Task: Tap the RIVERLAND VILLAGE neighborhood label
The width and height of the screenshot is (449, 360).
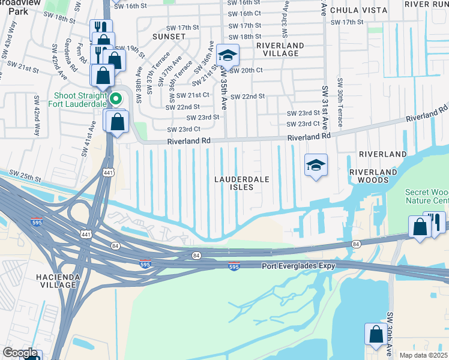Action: click(x=277, y=49)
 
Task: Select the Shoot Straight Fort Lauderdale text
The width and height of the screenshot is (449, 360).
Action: click(x=83, y=100)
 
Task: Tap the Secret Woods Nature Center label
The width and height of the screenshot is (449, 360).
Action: click(x=426, y=196)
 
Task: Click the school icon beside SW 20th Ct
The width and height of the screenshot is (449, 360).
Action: click(x=228, y=56)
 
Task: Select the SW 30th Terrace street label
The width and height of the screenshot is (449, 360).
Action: click(x=340, y=101)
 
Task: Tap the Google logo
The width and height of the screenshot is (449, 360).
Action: click(x=20, y=353)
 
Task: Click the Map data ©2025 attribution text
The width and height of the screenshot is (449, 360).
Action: click(x=424, y=355)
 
